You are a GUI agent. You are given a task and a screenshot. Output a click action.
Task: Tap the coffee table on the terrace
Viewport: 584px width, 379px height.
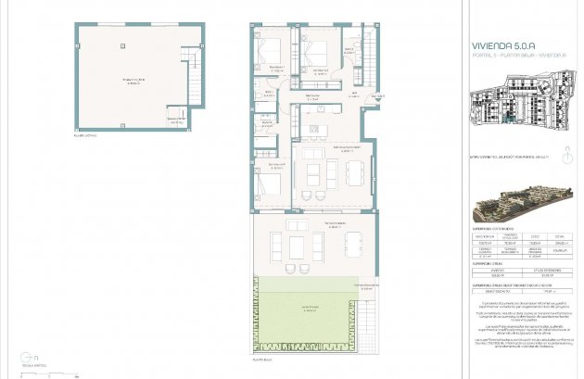coord(297,246)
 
